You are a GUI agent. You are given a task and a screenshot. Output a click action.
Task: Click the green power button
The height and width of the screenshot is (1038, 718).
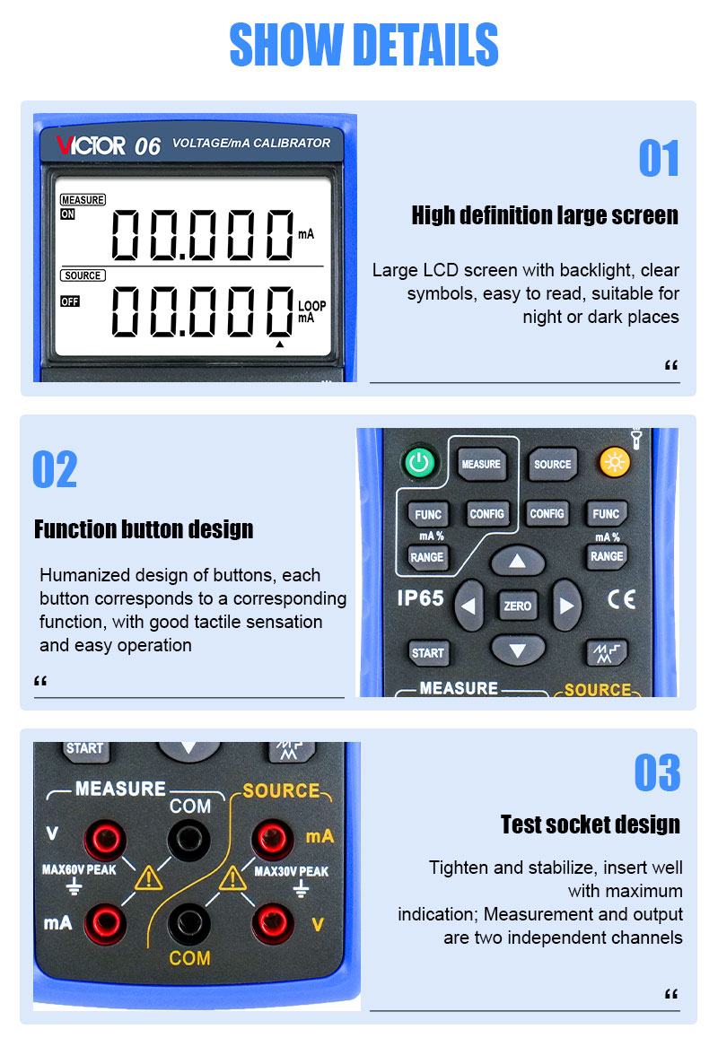(x=418, y=462)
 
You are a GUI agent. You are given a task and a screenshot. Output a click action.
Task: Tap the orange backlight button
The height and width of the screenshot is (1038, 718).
(x=614, y=462)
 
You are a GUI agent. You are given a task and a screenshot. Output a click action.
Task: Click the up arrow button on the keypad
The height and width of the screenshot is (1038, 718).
(x=517, y=562)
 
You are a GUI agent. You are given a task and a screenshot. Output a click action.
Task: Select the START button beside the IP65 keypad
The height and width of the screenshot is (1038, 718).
(x=428, y=653)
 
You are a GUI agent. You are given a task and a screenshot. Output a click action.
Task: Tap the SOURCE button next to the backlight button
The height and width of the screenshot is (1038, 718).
(x=552, y=464)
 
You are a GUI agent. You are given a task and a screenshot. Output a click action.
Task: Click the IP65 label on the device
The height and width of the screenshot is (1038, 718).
(x=420, y=598)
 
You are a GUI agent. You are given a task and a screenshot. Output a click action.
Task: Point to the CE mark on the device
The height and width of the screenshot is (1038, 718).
(x=621, y=599)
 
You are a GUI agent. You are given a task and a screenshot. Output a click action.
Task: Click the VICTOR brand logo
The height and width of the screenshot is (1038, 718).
(x=90, y=145)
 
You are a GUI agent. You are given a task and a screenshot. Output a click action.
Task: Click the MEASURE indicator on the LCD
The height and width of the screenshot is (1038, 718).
(x=83, y=200)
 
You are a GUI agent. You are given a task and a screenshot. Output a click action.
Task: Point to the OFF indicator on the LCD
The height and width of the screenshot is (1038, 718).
(x=69, y=301)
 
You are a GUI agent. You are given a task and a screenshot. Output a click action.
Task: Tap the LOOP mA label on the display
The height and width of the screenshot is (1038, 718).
(x=311, y=312)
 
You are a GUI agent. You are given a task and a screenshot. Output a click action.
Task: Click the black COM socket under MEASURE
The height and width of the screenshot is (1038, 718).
(x=188, y=840)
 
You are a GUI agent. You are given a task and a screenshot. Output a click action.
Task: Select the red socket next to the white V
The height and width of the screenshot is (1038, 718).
(x=105, y=840)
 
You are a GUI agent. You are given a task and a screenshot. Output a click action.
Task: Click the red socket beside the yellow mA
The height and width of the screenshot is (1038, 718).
(x=272, y=839)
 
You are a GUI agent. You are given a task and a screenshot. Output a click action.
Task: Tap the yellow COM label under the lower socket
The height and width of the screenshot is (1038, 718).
(x=189, y=958)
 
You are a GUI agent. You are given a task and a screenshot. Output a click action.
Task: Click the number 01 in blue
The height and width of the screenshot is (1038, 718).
(x=659, y=158)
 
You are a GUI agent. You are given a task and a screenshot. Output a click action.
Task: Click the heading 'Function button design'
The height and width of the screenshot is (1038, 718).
(x=144, y=529)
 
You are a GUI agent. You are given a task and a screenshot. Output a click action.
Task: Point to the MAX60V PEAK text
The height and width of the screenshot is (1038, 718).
(x=79, y=869)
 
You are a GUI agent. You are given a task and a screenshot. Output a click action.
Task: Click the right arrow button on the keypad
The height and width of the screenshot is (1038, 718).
(x=566, y=605)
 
